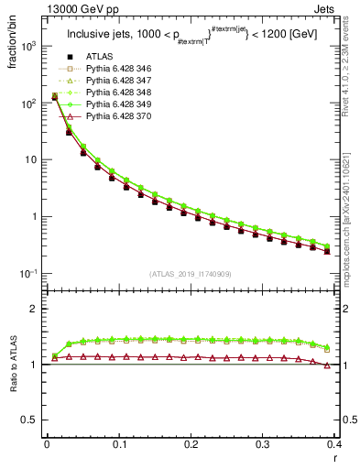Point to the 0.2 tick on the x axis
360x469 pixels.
pos(191,444)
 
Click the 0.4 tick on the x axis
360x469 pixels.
pos(335,444)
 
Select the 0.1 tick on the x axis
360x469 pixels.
pos(119,444)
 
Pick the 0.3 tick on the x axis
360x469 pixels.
pos(263,444)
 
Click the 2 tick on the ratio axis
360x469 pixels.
pos(35,309)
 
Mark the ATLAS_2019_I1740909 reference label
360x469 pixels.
pos(191,274)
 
